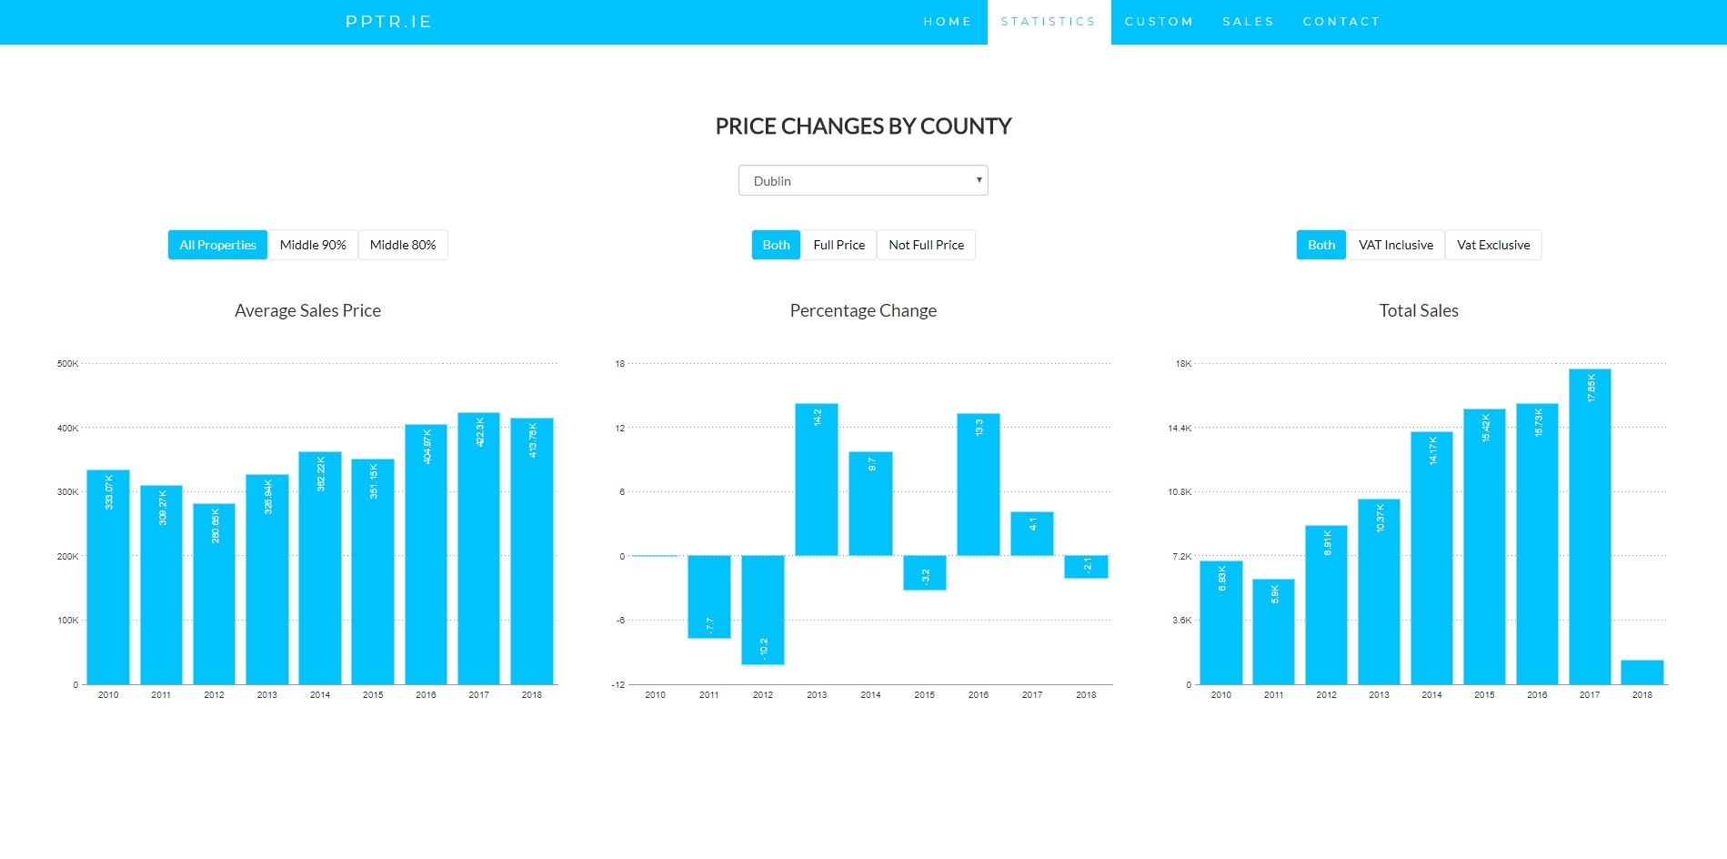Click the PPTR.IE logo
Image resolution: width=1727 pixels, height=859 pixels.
click(x=388, y=22)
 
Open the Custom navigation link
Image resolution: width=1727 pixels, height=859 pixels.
click(x=1159, y=22)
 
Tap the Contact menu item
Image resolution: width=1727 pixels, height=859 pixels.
click(x=1341, y=22)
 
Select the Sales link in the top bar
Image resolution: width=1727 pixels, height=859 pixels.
click(x=1248, y=22)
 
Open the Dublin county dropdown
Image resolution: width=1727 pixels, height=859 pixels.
click(x=863, y=180)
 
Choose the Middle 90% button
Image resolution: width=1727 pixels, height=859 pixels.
click(x=313, y=245)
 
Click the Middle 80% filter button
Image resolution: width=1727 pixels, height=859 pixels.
click(x=403, y=245)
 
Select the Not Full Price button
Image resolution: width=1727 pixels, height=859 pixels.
click(x=926, y=245)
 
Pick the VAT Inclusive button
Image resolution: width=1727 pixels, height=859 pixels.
click(x=1395, y=245)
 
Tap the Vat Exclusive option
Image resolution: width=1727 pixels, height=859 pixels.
click(x=1493, y=245)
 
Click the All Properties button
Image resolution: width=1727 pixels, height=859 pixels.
click(x=217, y=245)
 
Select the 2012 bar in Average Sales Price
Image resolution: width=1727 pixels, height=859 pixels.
click(x=214, y=593)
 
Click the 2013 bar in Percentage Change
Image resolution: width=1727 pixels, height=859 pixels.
click(x=817, y=480)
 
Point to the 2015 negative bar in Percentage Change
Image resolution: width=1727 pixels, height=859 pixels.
click(x=925, y=572)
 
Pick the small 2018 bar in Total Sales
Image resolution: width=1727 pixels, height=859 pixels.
click(x=1642, y=672)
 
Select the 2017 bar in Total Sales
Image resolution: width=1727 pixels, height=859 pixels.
click(x=1590, y=526)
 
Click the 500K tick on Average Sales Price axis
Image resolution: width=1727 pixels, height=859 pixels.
click(x=68, y=364)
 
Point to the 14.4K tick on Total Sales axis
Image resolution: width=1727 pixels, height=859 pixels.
click(x=1180, y=428)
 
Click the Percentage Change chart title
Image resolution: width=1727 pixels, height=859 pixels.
click(x=863, y=311)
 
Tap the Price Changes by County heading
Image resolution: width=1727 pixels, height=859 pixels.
click(x=863, y=126)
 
